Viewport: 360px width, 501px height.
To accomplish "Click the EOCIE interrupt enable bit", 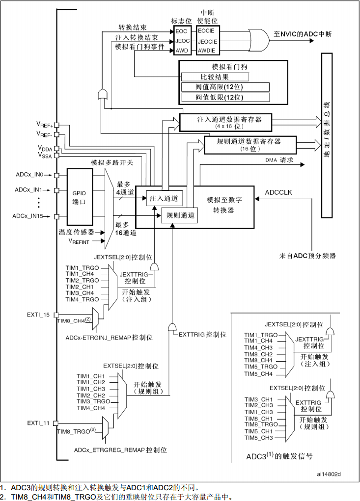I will (x=207, y=31).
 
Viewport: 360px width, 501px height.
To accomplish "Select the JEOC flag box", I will (x=182, y=41).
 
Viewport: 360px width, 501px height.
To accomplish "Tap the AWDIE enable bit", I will (x=207, y=50).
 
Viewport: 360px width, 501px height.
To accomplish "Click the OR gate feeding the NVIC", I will (x=257, y=38).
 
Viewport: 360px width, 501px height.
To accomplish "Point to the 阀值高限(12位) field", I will (x=225, y=87).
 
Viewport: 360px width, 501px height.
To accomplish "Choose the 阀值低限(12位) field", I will (x=225, y=97).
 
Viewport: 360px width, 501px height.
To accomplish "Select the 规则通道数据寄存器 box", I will (x=250, y=145).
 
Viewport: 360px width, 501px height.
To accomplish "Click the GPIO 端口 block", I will (x=79, y=197).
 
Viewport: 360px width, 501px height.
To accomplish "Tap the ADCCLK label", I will (x=278, y=192).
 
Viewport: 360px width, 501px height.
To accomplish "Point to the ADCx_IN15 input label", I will (x=29, y=216).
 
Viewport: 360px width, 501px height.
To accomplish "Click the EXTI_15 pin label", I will (x=38, y=315).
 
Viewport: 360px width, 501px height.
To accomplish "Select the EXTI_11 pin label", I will (x=38, y=422).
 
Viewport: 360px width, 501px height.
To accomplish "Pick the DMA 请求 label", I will (x=279, y=160).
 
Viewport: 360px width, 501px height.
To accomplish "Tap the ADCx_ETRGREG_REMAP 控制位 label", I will (x=120, y=449).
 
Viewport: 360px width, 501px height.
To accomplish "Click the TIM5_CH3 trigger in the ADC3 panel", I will (x=259, y=438).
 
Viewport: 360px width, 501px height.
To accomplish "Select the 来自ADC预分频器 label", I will (x=308, y=256).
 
